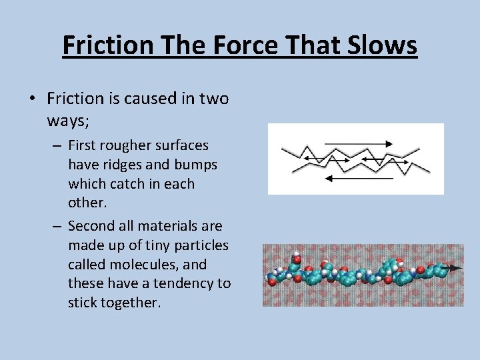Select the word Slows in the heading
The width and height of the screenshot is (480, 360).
click(383, 45)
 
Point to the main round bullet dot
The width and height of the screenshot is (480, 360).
click(32, 99)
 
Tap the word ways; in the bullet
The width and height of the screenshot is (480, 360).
click(70, 120)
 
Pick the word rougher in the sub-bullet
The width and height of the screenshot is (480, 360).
click(125, 145)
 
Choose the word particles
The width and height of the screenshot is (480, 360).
click(197, 245)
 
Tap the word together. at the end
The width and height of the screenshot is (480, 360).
click(128, 302)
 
